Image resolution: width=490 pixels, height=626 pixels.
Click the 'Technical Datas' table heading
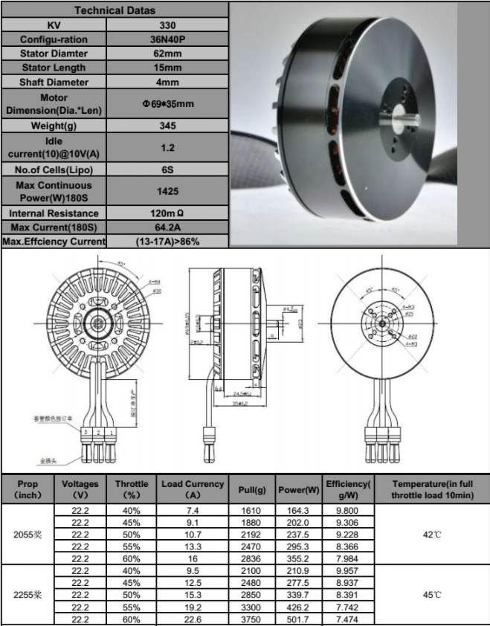point(115,10)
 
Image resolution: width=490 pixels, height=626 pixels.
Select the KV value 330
point(168,25)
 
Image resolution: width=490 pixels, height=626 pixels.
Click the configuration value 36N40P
point(168,39)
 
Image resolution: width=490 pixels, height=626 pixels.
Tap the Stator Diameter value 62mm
point(168,54)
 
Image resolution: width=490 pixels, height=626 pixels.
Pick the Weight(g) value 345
point(168,126)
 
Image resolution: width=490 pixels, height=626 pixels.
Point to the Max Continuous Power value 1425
point(168,191)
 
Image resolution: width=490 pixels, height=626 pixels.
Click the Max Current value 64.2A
point(168,227)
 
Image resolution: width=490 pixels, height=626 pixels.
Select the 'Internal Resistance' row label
point(54,213)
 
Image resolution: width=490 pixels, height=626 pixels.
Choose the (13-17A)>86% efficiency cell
point(168,242)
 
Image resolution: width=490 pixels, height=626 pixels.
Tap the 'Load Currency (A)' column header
point(193,489)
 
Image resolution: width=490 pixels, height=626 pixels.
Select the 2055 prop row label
point(28,534)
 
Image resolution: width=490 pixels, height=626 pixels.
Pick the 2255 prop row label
point(28,595)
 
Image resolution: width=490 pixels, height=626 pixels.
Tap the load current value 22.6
point(193,619)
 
